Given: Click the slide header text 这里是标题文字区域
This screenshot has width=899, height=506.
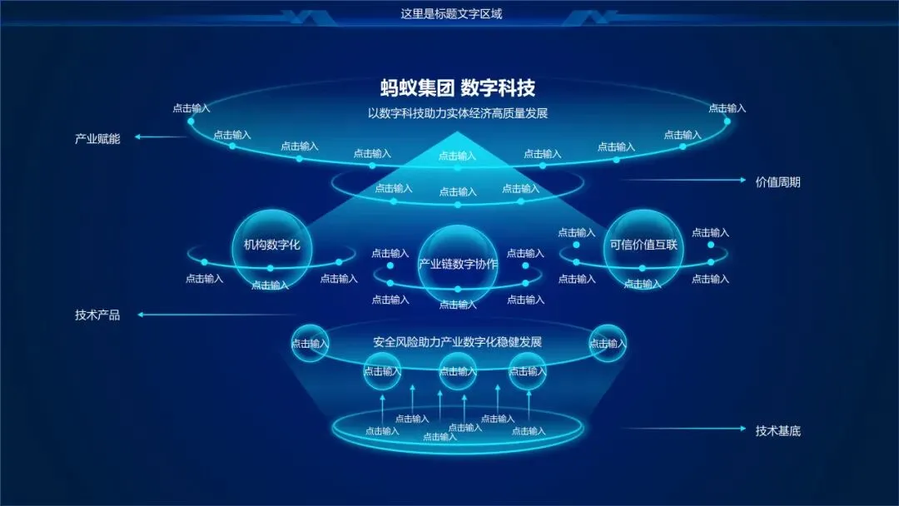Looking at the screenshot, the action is (x=451, y=13).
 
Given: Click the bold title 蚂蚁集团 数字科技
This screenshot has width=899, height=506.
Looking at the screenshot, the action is (x=457, y=88).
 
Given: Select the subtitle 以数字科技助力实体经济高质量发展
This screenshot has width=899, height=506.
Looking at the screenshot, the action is (x=457, y=113).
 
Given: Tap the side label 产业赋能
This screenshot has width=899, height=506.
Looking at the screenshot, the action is (x=97, y=139).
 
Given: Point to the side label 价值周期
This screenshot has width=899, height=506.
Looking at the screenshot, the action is (x=777, y=181).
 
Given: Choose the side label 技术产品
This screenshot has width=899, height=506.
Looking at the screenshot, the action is (x=97, y=315).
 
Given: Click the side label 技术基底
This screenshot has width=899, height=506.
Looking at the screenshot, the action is (x=777, y=431).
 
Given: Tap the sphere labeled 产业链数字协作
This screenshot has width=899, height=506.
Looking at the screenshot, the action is (x=457, y=264).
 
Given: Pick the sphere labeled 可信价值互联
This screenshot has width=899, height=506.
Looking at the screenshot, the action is (x=643, y=246).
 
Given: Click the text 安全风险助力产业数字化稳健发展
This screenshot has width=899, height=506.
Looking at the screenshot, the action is (x=457, y=342).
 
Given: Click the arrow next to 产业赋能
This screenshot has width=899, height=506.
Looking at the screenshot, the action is (x=162, y=137).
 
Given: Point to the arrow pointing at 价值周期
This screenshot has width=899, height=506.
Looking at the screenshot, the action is (x=683, y=180).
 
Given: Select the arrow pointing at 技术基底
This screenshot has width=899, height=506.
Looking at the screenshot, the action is (x=683, y=429).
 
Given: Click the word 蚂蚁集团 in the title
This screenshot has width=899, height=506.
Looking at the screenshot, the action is (x=415, y=88).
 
